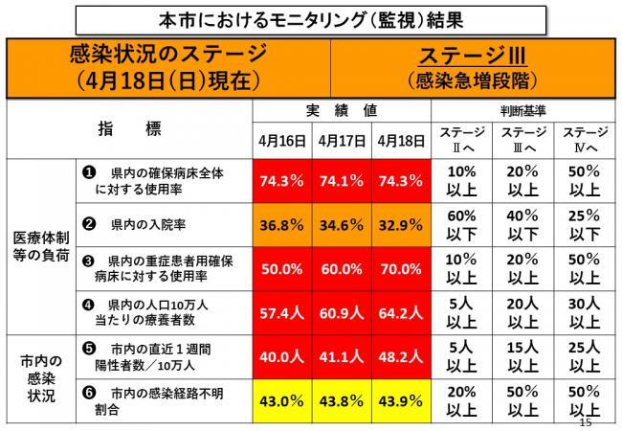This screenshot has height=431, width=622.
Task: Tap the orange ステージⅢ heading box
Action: click(474, 65)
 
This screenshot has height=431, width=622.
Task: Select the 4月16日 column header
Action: click(281, 140)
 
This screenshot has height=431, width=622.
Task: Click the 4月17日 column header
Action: click(342, 140)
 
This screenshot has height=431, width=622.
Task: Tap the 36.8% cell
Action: click(281, 226)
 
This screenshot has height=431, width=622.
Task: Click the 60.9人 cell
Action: click(342, 313)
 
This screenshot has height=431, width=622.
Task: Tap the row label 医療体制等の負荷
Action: click(38, 245)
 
